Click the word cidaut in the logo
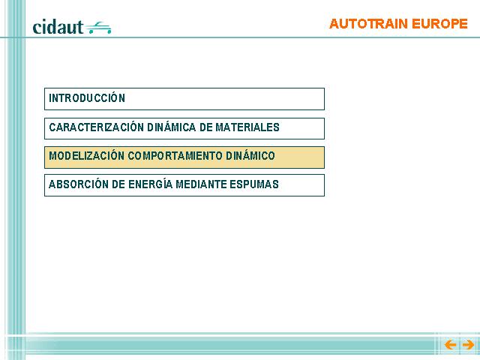[58, 27]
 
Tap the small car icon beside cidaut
[98, 28]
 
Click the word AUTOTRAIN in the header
[368, 24]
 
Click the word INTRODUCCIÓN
[87, 98]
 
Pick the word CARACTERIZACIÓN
[97, 127]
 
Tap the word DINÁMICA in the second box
[172, 127]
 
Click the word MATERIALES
[247, 127]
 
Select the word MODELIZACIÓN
[87, 156]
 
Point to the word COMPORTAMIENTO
[175, 156]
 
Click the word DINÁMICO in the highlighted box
[250, 156]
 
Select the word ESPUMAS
[254, 184]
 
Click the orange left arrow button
[450, 345]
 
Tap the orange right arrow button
[468, 345]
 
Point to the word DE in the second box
[205, 127]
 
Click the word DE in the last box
[118, 184]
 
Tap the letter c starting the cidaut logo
[37, 28]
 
